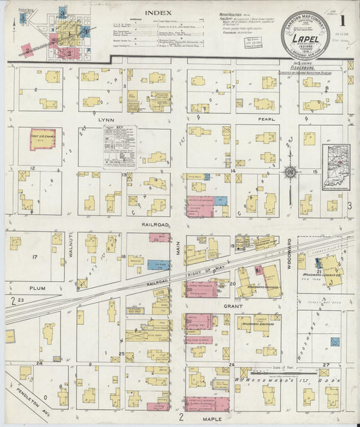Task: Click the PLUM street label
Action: pos(36,288)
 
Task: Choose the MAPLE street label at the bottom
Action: pos(210,420)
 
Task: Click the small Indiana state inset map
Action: pos(335,167)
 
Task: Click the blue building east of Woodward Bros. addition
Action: pos(334,343)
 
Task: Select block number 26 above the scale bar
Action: pos(231,365)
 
